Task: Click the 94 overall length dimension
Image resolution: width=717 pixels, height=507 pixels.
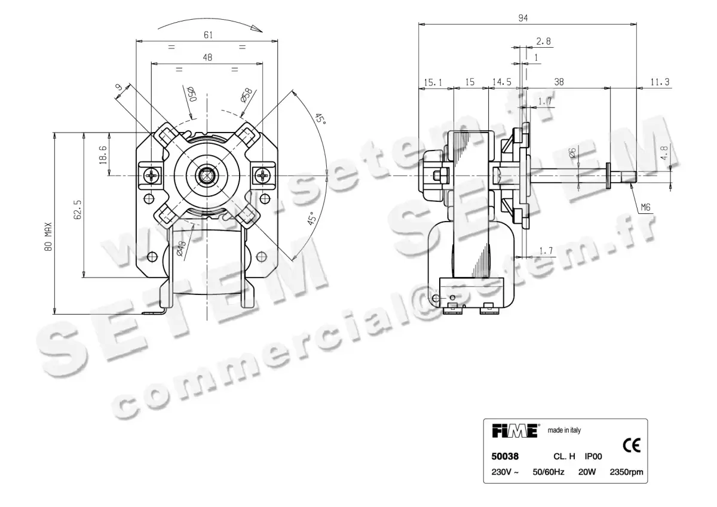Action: pos(523,18)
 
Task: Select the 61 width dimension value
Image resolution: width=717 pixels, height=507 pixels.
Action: pos(208,35)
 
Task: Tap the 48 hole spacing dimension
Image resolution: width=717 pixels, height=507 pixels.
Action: pos(207,57)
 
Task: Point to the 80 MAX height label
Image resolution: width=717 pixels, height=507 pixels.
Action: pos(48,237)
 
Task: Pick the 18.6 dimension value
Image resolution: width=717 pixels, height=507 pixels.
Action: pos(103,155)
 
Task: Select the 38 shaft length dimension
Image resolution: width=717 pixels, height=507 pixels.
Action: pos(559,82)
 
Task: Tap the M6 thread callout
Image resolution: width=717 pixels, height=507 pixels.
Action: pos(645,208)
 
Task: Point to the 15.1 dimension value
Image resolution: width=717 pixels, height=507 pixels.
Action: pos(434,82)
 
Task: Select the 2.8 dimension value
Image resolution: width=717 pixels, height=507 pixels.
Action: pos(544,41)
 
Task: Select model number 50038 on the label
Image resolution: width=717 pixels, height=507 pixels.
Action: pos(505,457)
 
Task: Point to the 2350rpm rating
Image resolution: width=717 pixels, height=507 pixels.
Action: pos(626,472)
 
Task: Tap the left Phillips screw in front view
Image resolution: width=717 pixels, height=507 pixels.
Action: pos(152,176)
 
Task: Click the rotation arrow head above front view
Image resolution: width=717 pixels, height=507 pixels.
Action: pos(258,28)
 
